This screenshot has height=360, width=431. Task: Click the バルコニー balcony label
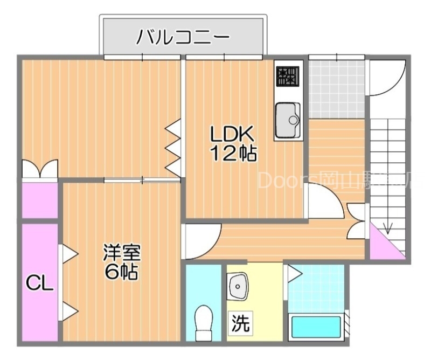coord(183,37)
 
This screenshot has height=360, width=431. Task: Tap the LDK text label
coord(231,134)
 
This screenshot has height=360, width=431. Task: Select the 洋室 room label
coord(122,252)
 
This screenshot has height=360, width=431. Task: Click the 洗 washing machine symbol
coord(240,323)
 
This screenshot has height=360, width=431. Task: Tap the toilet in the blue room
coord(204,321)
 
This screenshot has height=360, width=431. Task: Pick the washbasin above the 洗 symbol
coord(237,286)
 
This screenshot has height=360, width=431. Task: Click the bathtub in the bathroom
coord(316,328)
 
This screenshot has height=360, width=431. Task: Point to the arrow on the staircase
coord(386,226)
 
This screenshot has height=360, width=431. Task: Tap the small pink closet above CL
coord(40,200)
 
